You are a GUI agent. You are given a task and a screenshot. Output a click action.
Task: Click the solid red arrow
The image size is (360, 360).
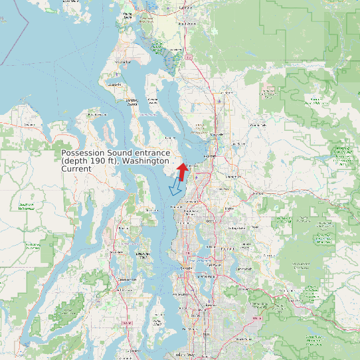(181, 171)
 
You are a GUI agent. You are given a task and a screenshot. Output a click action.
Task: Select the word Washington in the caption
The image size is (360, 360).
(147, 161)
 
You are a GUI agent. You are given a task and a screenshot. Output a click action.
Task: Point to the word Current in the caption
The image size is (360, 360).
(76, 169)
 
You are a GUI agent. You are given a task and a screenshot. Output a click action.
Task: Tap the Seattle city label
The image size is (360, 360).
(184, 268)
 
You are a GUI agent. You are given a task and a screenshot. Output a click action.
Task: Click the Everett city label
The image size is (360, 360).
(210, 155)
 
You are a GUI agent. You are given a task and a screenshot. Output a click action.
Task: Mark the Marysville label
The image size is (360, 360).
(217, 135)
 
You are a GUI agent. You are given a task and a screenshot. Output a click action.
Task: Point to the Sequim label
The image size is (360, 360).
(29, 124)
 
